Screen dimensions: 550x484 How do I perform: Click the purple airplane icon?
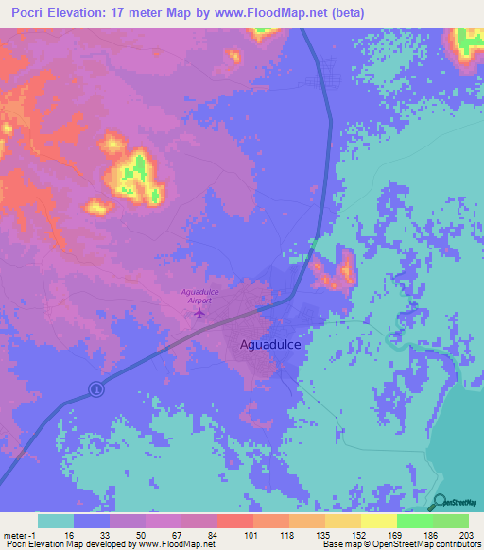[199, 313]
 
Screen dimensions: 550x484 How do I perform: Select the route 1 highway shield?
[95, 388]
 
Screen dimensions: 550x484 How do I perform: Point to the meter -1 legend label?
[19, 535]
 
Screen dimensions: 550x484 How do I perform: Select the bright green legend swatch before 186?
[414, 522]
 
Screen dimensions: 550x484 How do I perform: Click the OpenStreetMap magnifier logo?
[440, 501]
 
